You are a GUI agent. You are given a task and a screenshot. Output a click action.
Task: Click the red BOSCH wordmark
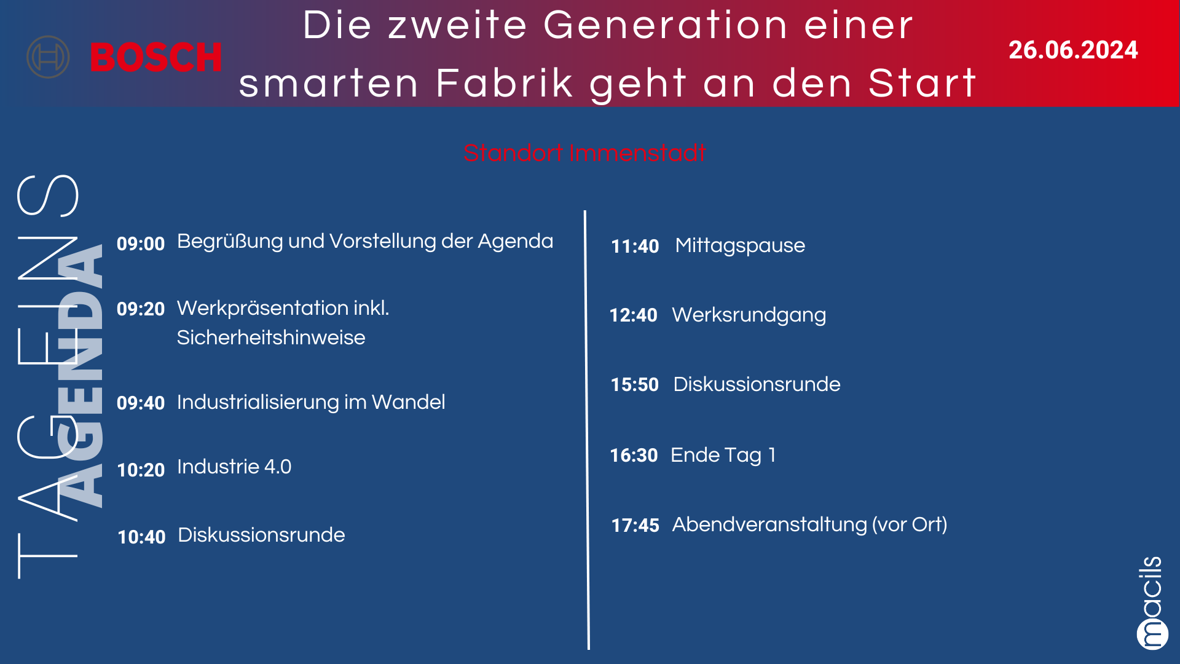pos(156,57)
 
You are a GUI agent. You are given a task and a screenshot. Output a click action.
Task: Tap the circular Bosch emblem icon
pos(48,57)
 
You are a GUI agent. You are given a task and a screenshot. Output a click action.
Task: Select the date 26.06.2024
pos(1073,50)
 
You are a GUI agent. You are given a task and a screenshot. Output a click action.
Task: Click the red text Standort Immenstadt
pos(584,152)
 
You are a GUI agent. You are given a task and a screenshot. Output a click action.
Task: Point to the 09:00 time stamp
pos(141,243)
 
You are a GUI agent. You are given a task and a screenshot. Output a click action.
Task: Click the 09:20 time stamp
pos(141,309)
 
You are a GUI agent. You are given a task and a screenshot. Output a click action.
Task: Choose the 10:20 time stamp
pos(141,470)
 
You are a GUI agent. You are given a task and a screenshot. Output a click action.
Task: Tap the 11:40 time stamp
pos(635,246)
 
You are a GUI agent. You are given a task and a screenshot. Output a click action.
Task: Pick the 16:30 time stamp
pos(634,455)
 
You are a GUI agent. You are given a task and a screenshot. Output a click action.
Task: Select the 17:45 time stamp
pos(635,525)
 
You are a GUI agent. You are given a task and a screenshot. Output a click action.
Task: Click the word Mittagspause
pos(740,246)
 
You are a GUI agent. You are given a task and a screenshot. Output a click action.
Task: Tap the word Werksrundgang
pos(749,315)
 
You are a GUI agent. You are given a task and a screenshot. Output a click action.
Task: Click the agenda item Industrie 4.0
pos(234,467)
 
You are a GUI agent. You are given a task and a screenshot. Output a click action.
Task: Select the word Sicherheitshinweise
pos(271,338)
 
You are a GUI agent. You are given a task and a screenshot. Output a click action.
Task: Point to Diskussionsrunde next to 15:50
pos(757,384)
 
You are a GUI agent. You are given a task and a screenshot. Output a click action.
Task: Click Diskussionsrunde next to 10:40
pos(262,535)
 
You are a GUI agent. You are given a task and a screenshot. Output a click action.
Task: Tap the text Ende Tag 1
pos(723,456)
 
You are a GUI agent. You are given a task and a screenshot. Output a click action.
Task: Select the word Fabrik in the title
pos(505,83)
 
